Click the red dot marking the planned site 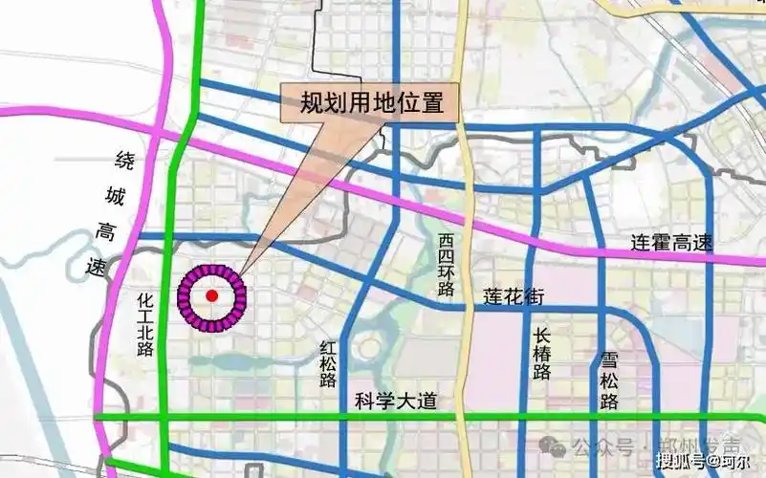click(211, 296)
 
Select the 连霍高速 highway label click(671, 244)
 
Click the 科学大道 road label click(395, 402)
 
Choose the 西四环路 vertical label click(447, 266)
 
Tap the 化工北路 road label click(145, 325)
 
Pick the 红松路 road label click(329, 362)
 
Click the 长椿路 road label click(542, 353)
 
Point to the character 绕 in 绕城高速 click(126, 161)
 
